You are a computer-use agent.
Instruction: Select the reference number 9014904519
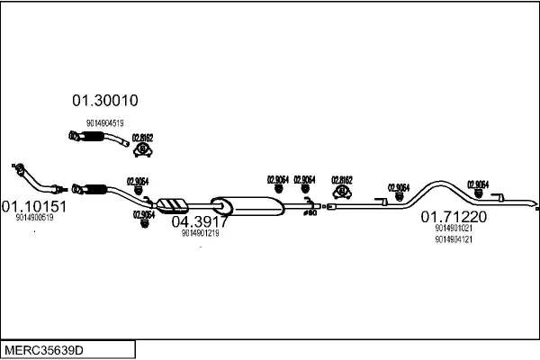(105, 122)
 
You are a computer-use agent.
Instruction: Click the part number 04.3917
(200, 221)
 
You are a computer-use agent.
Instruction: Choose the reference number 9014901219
(200, 233)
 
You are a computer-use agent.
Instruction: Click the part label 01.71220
(454, 217)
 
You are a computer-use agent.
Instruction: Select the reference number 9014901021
(454, 229)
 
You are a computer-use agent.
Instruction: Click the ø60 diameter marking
(309, 213)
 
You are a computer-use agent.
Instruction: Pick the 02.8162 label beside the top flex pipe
(143, 138)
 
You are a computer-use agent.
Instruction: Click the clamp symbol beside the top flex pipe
(143, 149)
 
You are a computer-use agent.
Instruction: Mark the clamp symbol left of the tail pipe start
(342, 193)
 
